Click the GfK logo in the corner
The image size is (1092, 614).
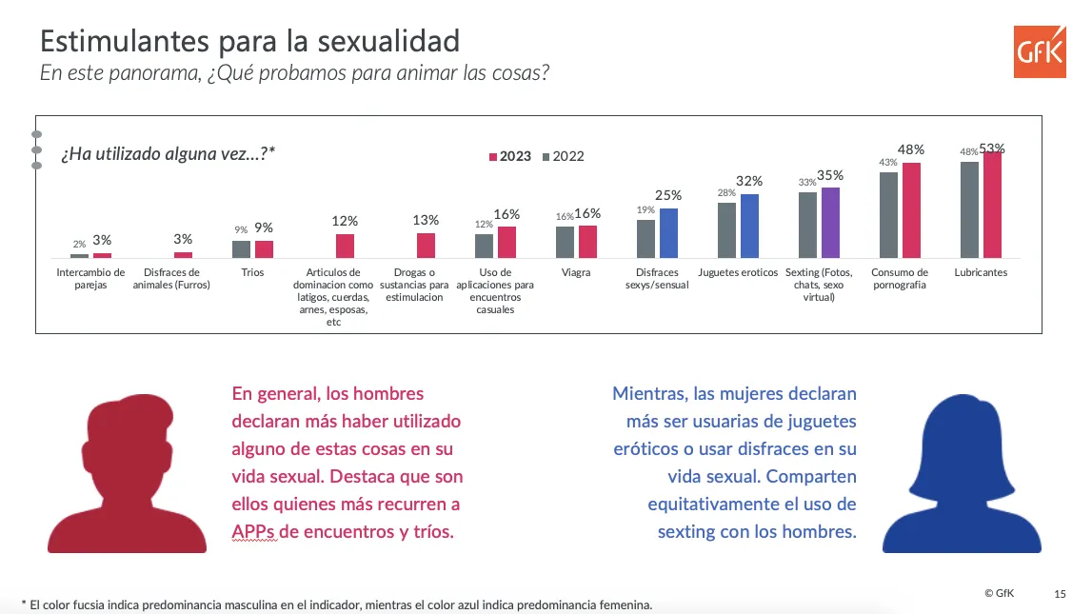point(1040,52)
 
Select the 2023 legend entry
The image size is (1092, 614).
point(510,156)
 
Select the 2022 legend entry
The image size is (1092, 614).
point(563,156)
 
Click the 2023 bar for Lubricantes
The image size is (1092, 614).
point(992,205)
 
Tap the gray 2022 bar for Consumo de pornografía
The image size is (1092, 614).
point(888,214)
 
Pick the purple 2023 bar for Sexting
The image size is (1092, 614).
point(830,222)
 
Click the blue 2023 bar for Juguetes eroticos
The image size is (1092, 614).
point(749,226)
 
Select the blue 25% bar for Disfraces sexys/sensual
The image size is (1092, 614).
point(668,233)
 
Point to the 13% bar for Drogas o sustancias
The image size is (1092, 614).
point(426,246)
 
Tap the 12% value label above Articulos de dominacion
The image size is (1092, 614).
point(345,221)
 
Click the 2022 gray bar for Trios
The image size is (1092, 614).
point(241,248)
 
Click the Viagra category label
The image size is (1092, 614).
point(576,272)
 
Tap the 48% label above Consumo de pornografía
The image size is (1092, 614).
point(911,149)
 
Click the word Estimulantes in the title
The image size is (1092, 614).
point(117,41)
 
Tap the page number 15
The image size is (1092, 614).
point(1061,594)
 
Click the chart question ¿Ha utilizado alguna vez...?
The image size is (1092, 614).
point(168,153)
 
